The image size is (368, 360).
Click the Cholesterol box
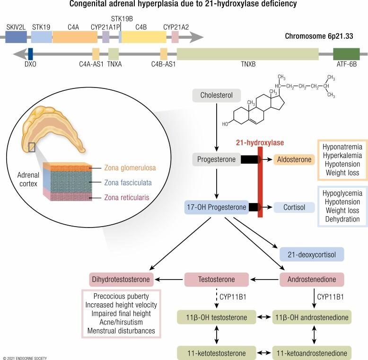(x=217, y=96)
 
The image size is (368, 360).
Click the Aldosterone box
(x=294, y=159)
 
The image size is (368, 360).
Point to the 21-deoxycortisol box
(x=312, y=254)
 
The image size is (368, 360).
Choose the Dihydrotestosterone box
(x=122, y=280)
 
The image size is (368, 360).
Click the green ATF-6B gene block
(x=346, y=54)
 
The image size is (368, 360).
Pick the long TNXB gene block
(x=247, y=54)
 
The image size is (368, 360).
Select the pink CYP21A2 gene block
(x=175, y=37)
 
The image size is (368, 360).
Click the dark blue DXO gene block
(x=31, y=54)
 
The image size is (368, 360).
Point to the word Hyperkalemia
(x=339, y=155)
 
